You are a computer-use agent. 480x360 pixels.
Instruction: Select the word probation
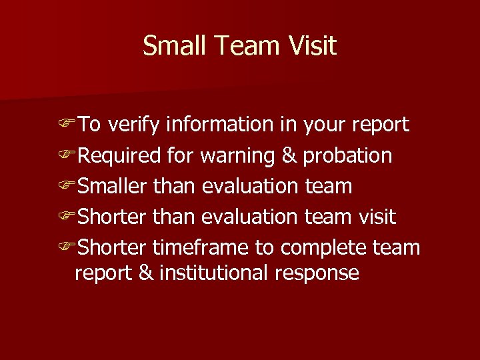tap(347, 155)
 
